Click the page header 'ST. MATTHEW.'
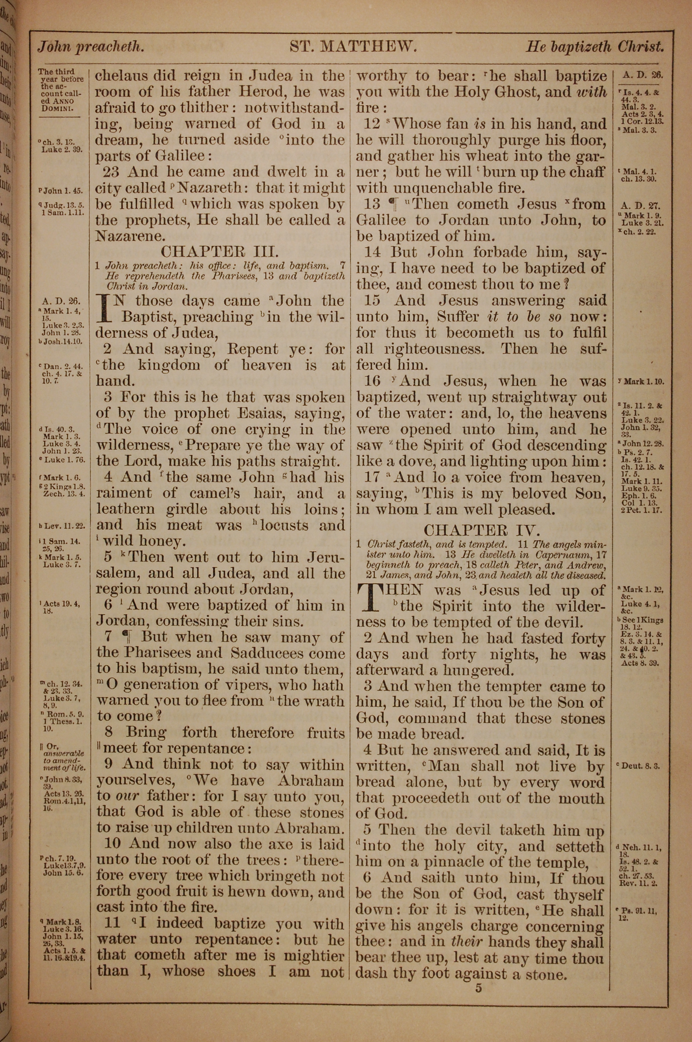353,47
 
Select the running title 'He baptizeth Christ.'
594,47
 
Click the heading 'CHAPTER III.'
219,252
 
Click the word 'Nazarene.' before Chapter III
124,236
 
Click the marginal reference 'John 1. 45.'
61,191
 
